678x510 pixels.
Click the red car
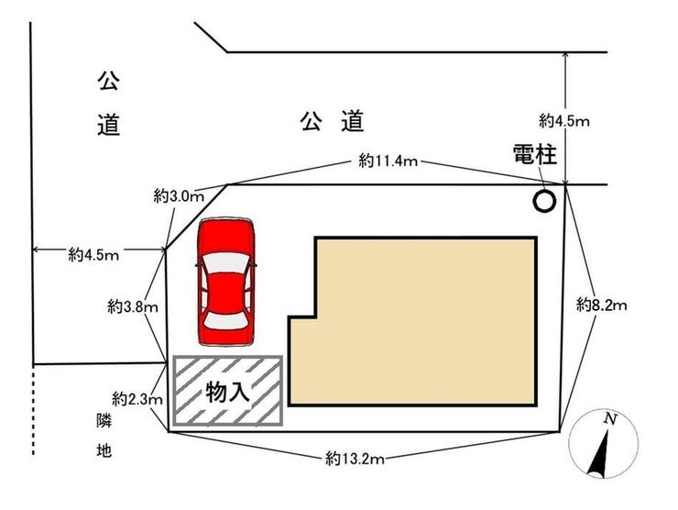(x=226, y=282)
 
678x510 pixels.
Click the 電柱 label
(x=534, y=154)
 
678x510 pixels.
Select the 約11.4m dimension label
(x=388, y=161)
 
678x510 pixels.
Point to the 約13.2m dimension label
(x=355, y=459)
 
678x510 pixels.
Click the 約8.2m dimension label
(x=601, y=305)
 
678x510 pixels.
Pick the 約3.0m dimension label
(x=179, y=197)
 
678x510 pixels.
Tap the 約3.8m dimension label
(x=133, y=307)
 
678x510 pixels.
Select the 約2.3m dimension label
(x=137, y=399)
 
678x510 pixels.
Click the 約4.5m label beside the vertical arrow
(x=563, y=121)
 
